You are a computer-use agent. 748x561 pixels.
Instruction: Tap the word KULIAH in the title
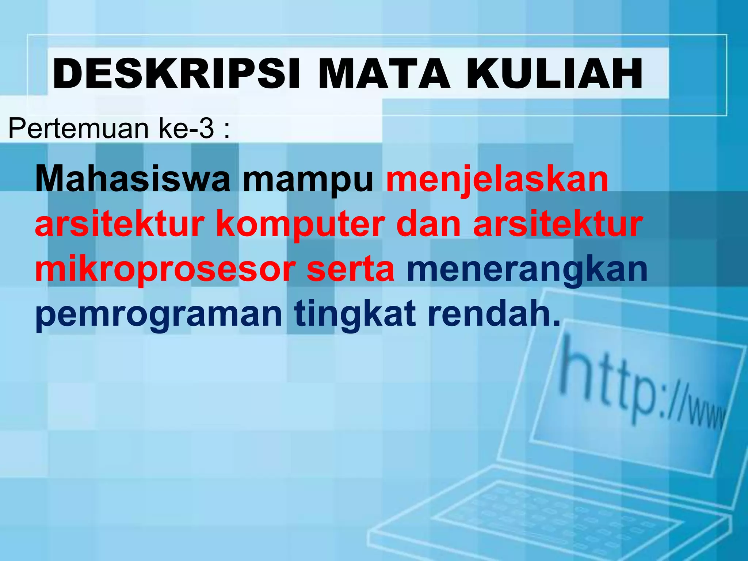(x=554, y=74)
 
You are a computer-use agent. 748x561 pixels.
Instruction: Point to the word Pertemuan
(x=78, y=129)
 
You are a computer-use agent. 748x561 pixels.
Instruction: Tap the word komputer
(x=300, y=225)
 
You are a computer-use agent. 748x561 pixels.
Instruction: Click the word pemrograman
(x=159, y=315)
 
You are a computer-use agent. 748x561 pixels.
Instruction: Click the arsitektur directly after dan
(x=557, y=224)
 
